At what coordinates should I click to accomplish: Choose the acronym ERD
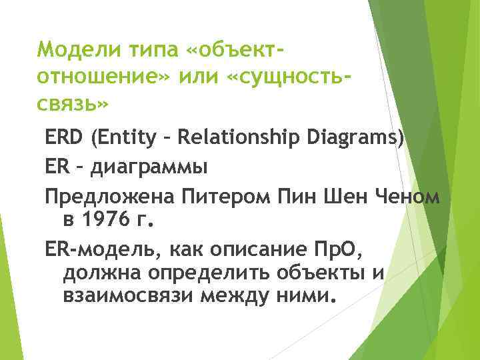(x=65, y=139)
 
